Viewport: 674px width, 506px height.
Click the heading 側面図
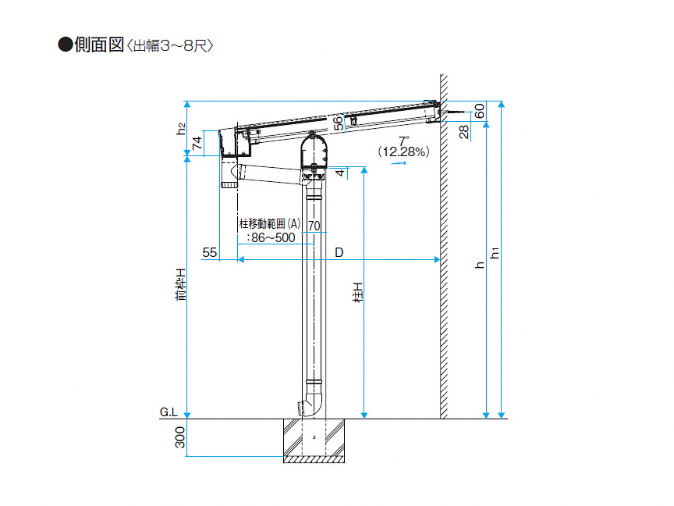click(99, 45)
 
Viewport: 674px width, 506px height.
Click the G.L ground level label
click(168, 412)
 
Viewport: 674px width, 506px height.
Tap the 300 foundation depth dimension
click(180, 437)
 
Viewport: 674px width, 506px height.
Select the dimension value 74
click(197, 143)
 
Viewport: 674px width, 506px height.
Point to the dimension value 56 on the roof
click(339, 122)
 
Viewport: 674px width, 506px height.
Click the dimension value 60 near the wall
click(479, 111)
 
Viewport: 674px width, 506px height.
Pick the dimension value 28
click(464, 132)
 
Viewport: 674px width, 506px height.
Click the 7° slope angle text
click(403, 141)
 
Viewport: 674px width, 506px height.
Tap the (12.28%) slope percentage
click(403, 152)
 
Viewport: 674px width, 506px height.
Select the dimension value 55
click(209, 252)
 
